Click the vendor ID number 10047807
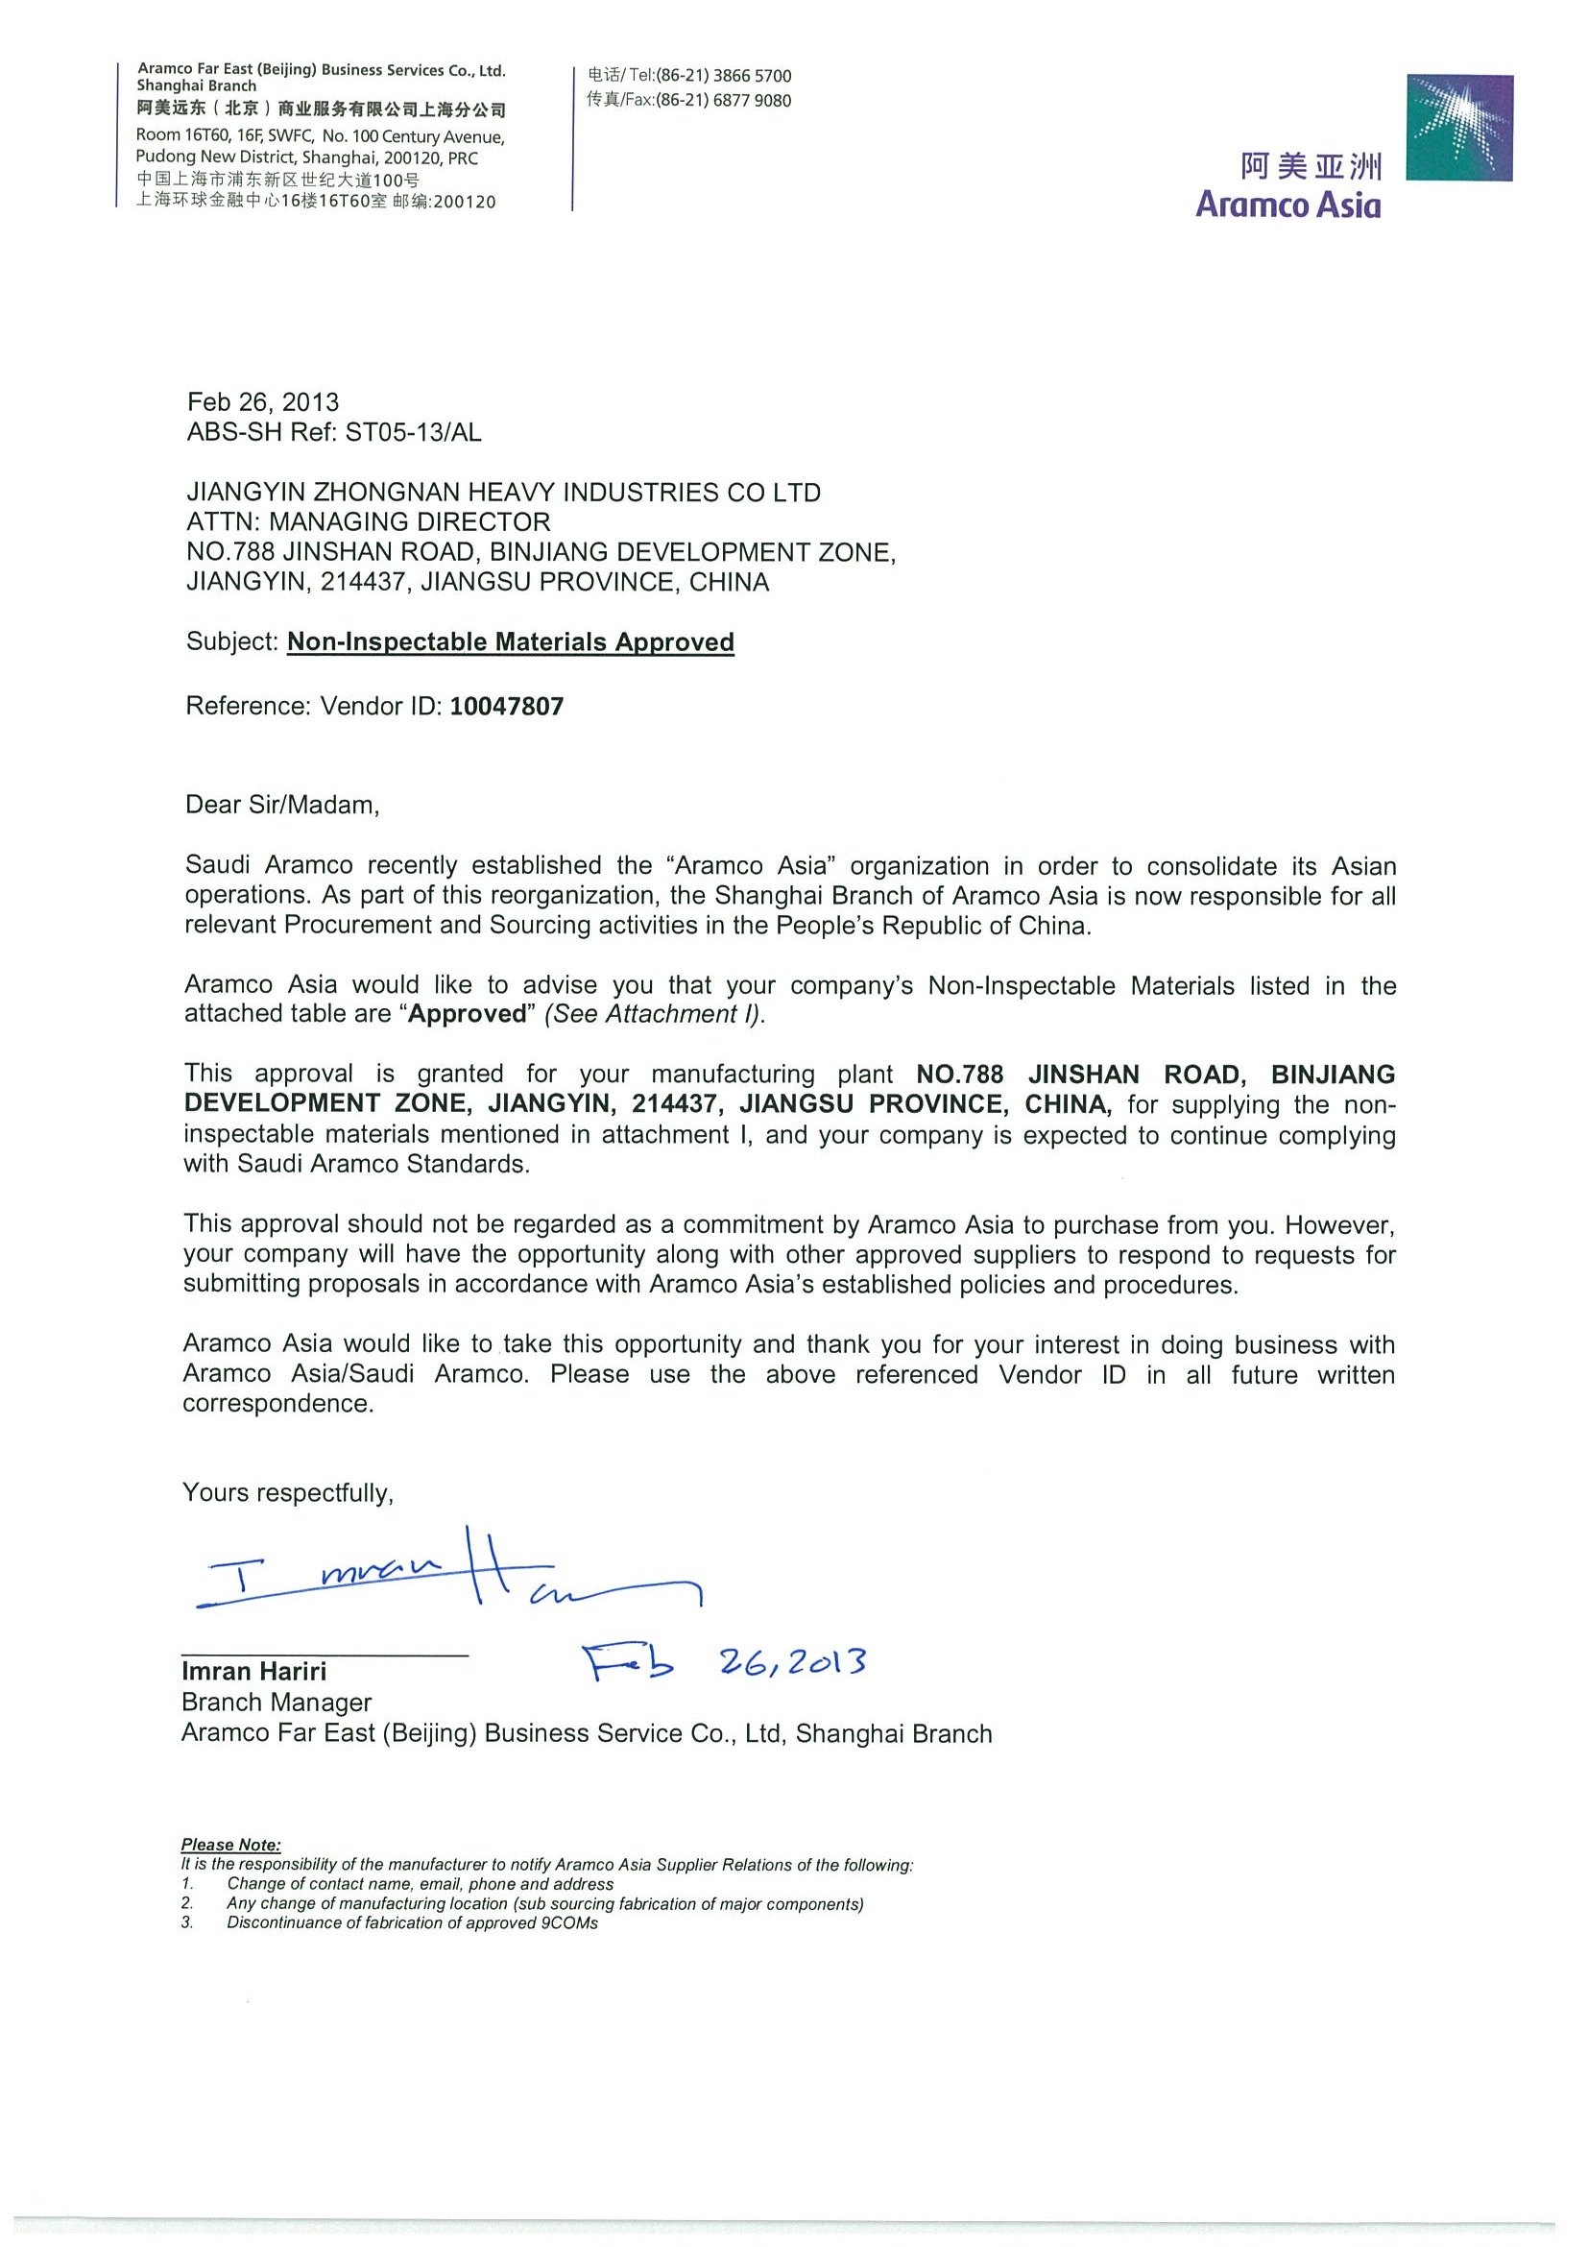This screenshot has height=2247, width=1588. click(506, 707)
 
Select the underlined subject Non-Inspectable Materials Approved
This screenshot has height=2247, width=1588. click(510, 642)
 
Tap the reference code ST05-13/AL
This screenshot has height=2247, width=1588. click(413, 431)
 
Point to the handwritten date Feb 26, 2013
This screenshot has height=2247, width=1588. click(725, 1662)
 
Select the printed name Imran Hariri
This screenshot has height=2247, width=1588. click(254, 1672)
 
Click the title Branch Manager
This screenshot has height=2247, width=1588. click(277, 1703)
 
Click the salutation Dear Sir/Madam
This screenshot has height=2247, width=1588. click(282, 806)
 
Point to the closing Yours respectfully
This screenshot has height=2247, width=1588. click(288, 1492)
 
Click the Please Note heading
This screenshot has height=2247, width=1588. click(231, 1845)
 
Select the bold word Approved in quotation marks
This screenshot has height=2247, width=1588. click(468, 1014)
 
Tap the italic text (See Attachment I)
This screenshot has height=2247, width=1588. click(654, 1014)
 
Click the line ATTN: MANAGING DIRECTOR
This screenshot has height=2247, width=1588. click(368, 521)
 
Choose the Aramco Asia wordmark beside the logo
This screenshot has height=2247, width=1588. click(1287, 205)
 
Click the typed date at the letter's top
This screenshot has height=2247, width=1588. click(263, 402)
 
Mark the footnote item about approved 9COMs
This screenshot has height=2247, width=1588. click(412, 1923)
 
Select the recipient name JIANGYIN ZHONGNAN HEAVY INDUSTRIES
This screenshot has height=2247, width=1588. click(503, 493)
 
